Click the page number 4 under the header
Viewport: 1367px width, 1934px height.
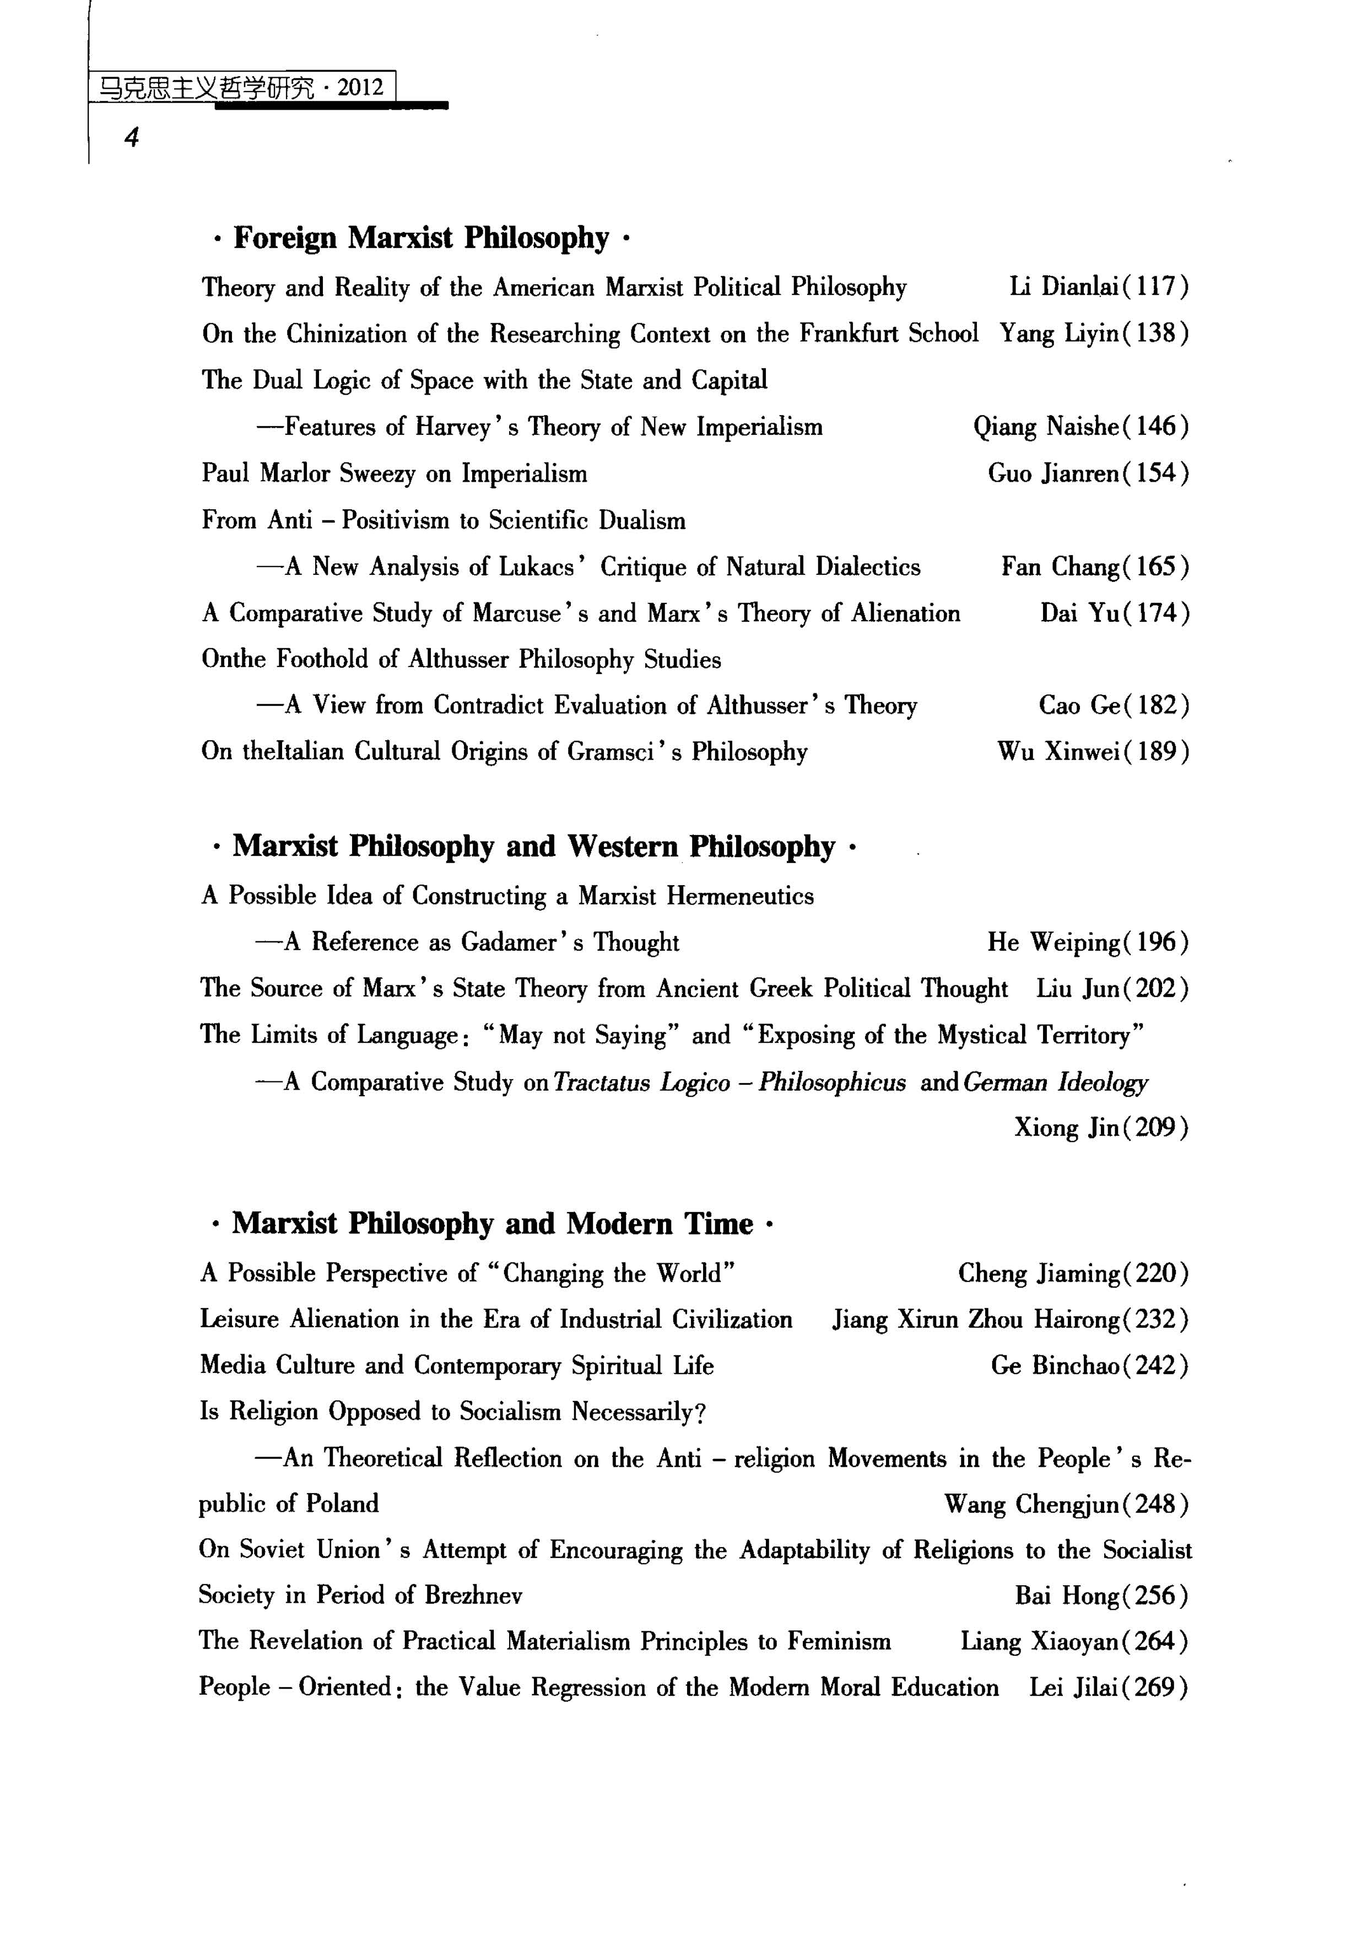(x=131, y=137)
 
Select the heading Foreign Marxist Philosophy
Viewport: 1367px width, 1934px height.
(x=420, y=239)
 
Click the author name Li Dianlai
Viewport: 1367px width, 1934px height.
(x=1064, y=287)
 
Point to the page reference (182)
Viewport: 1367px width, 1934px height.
(x=1158, y=705)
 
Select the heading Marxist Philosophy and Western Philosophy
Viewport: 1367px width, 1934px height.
(x=533, y=847)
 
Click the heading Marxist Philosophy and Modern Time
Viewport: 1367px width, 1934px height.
(x=492, y=1223)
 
